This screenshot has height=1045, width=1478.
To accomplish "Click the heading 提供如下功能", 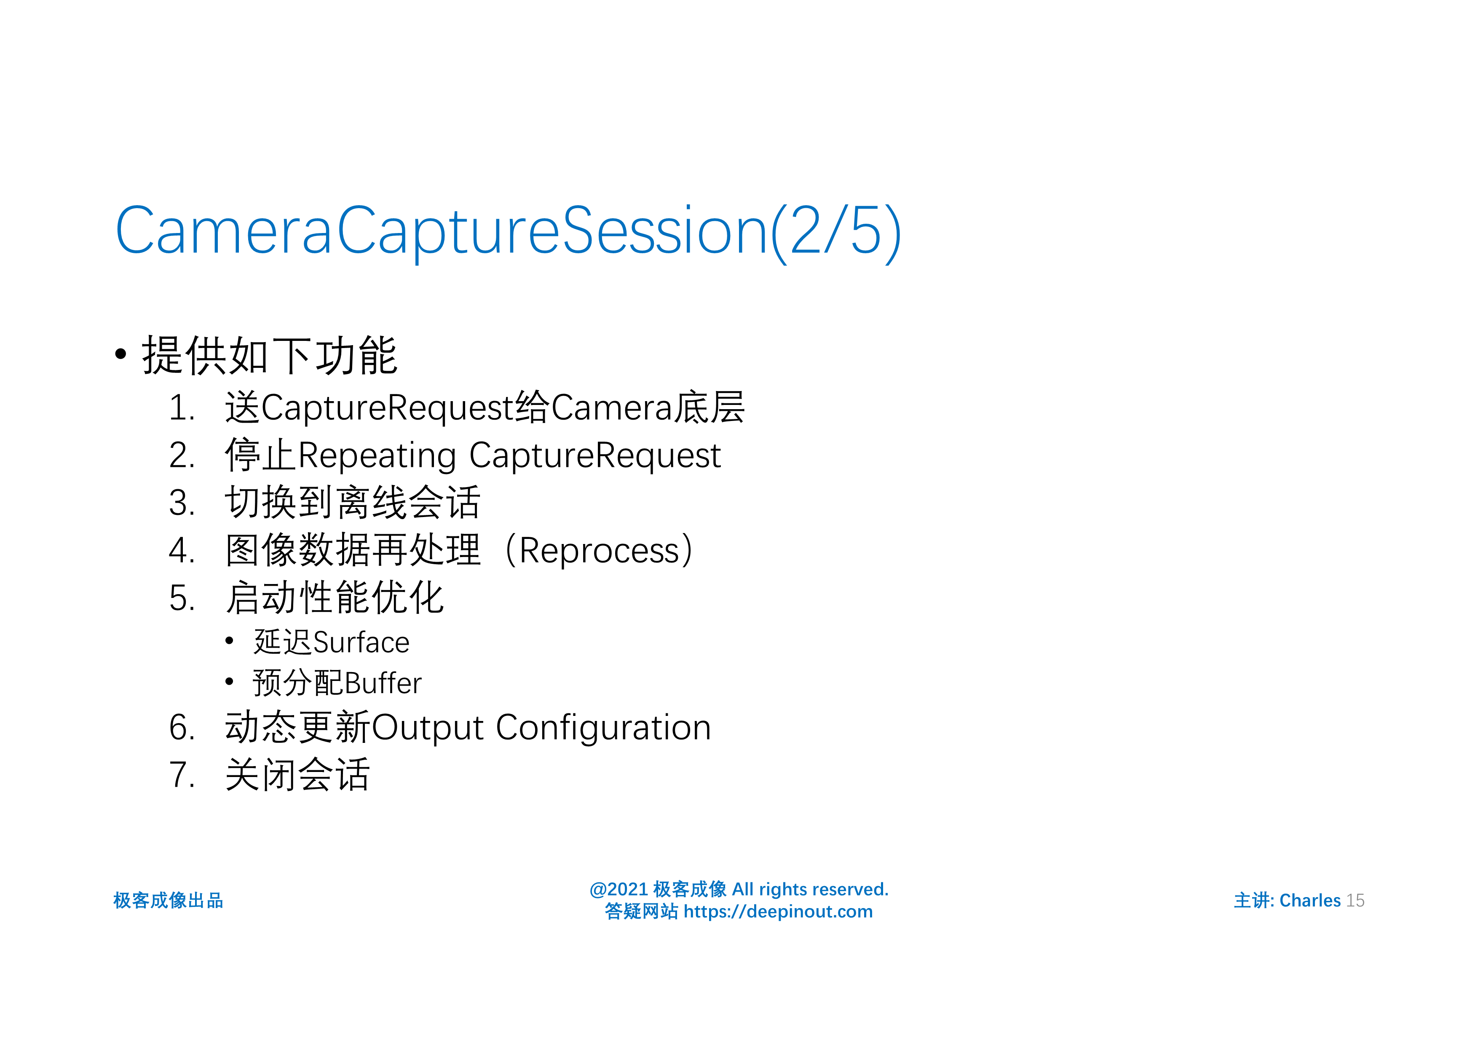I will pos(269,355).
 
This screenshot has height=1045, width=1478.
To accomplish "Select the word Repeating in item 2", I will pos(378,456).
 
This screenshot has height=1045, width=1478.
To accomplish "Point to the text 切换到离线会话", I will pos(352,503).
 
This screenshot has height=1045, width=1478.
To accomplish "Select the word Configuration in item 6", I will pos(603,728).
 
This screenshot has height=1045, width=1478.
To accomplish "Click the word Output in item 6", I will pos(428,728).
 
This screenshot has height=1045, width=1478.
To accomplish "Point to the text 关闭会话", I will pos(297,774).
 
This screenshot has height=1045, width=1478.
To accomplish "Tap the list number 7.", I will pos(180,774).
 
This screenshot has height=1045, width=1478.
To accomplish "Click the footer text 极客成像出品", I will pos(168,900).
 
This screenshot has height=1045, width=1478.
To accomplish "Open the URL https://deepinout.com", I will pos(778,912).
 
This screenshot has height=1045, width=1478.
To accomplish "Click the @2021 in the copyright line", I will pos(619,889).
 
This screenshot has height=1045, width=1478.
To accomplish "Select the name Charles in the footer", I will pos(1309,900).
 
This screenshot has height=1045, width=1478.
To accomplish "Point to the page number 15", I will pos(1355,900).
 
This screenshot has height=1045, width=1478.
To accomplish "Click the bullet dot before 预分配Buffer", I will pos(229,681).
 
